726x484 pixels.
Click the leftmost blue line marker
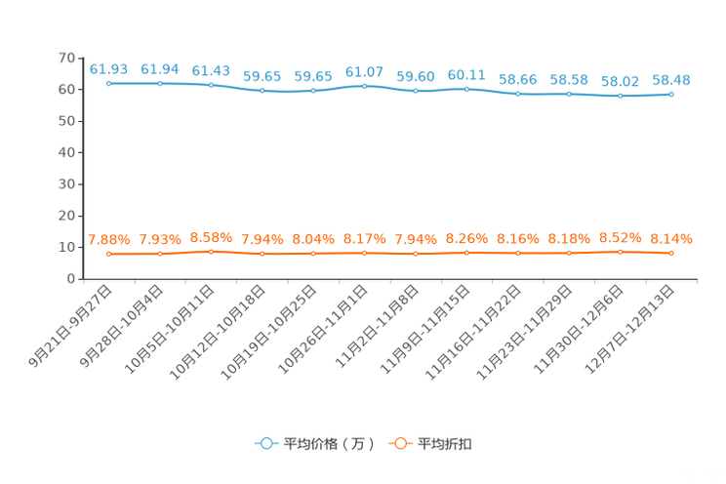108,84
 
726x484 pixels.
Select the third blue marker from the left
211,86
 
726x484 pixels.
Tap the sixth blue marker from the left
364,86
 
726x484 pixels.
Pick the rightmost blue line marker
671,94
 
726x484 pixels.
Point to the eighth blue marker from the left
466,89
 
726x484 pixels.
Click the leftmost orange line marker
108,255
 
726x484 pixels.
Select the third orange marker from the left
211,252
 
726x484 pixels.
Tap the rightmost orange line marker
671,254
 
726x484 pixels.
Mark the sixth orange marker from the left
364,254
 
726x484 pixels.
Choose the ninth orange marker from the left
517,254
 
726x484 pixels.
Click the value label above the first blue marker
108,69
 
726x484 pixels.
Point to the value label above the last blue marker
671,79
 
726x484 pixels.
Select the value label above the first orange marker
108,239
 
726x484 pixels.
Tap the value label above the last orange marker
671,238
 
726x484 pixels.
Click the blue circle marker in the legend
265,443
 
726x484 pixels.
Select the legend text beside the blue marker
328,444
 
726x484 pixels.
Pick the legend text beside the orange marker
446,444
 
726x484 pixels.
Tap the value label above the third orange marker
211,236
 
